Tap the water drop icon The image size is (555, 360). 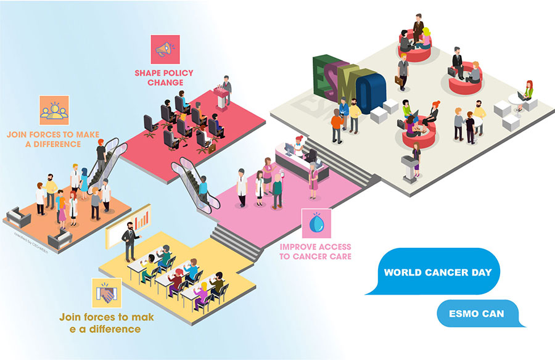316,224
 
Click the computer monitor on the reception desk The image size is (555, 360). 288,150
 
